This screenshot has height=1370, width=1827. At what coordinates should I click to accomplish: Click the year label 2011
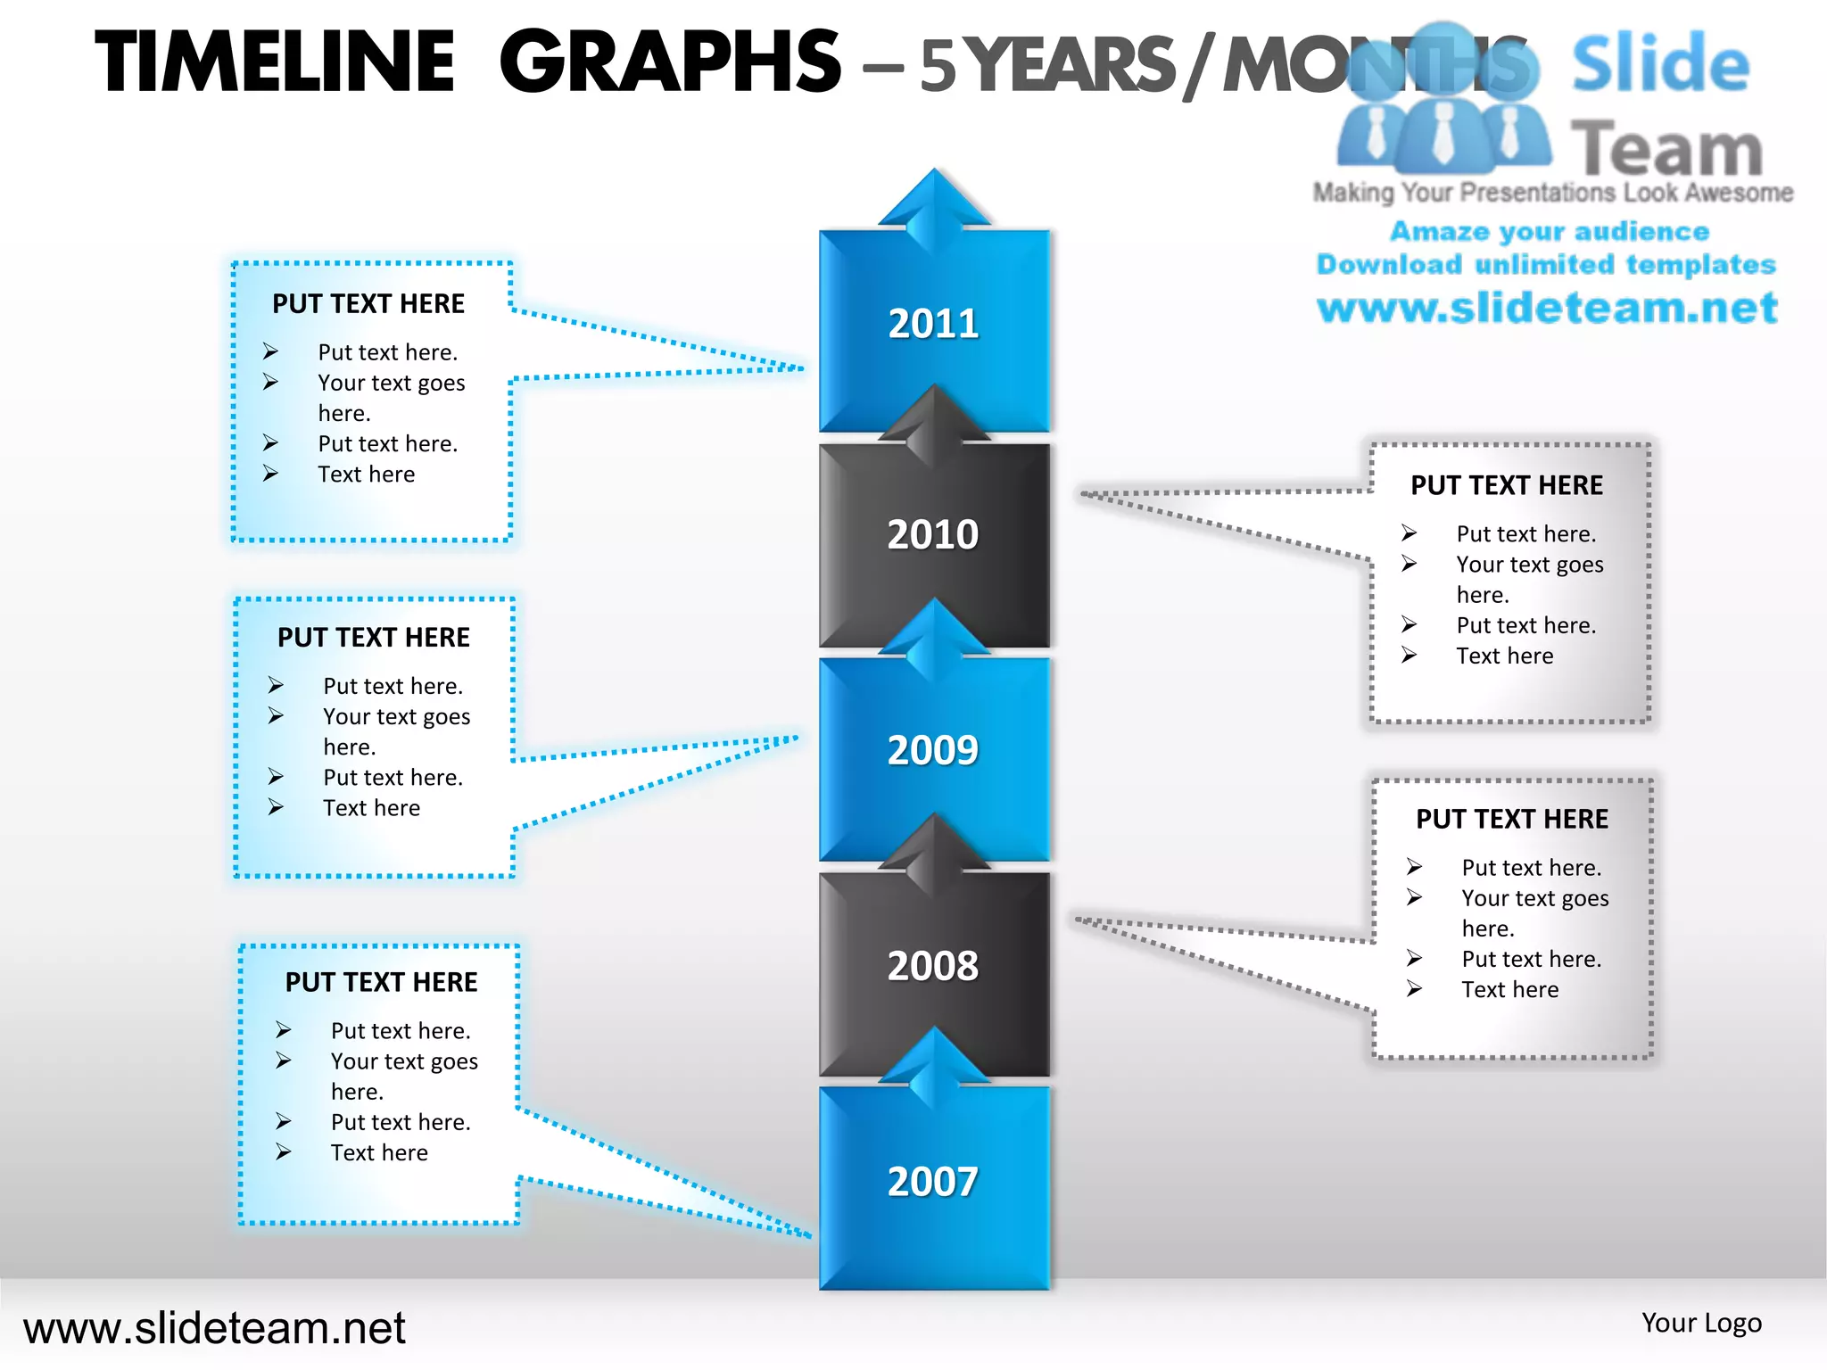point(933,323)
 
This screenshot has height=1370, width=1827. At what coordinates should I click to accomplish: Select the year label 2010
point(933,534)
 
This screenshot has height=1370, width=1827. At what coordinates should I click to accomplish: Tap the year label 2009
point(933,750)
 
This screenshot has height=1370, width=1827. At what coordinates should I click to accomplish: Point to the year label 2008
point(933,966)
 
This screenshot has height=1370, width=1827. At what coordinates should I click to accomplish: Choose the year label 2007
point(933,1182)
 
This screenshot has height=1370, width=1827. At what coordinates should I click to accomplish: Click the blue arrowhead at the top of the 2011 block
point(934,201)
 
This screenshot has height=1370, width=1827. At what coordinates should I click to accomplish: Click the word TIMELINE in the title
point(276,62)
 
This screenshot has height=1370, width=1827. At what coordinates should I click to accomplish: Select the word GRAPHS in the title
point(670,62)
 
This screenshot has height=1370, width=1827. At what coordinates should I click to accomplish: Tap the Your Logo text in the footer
point(1701,1323)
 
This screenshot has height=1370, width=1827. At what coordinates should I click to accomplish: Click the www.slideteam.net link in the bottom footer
point(214,1328)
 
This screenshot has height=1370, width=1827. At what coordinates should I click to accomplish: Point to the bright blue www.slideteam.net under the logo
point(1547,309)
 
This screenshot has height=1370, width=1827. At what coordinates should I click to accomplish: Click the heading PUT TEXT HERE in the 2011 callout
point(368,304)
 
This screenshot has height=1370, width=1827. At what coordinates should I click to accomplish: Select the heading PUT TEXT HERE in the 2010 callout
point(1507,485)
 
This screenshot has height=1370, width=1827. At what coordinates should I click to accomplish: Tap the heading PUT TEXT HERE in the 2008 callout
point(1512,819)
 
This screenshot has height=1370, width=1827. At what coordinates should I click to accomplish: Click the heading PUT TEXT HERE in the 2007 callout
point(381,982)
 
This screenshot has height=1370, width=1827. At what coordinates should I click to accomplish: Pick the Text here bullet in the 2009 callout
point(371,808)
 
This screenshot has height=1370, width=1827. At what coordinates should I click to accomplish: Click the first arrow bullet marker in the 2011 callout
point(271,351)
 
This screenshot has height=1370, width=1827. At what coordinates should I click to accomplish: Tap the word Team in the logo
point(1666,149)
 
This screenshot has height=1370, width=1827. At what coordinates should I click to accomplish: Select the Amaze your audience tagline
point(1550,232)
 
